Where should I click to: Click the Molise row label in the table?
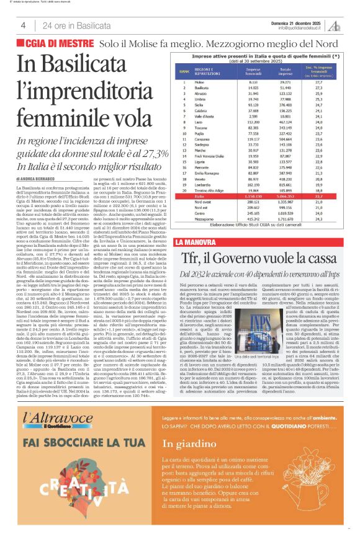[199, 82]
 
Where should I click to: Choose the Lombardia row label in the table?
[202, 184]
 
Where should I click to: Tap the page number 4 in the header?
[23, 25]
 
